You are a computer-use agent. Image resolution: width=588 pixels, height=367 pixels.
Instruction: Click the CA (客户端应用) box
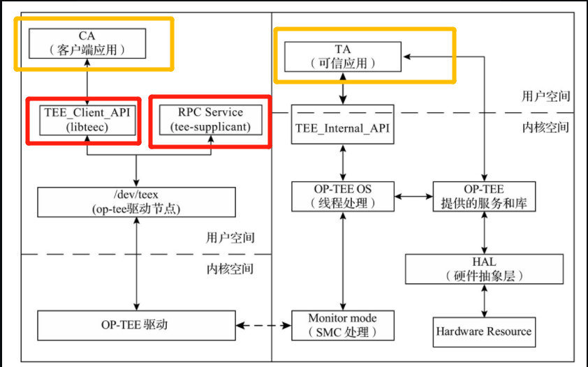point(87,43)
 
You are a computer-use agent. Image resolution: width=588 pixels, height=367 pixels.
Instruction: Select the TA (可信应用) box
point(342,56)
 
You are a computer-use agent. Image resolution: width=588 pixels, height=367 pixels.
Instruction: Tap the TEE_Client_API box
point(87,119)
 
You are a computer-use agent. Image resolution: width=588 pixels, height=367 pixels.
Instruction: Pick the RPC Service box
point(210,119)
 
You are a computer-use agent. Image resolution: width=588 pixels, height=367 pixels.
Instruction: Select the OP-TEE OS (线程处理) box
point(342,196)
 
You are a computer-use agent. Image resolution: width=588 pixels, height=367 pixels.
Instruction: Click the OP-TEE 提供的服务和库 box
point(483,196)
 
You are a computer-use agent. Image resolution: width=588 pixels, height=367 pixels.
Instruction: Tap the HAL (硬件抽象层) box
point(483,269)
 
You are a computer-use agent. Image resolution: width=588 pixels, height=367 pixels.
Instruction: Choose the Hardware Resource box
point(483,331)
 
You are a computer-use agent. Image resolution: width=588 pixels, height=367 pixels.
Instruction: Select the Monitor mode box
point(342,325)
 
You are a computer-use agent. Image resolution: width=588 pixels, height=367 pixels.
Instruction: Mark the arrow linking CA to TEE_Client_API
point(87,81)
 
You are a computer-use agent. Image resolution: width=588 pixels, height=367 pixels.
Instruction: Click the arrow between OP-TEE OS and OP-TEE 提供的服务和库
point(413,196)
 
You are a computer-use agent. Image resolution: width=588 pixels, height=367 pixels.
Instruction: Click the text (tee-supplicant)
point(210,127)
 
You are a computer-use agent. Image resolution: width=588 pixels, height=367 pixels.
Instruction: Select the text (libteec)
point(87,127)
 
